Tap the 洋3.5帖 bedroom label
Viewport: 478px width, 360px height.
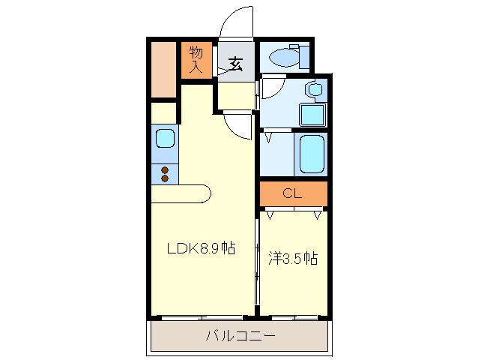[293, 259]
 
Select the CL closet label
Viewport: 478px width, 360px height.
[293, 193]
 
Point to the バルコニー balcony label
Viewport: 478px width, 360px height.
[240, 336]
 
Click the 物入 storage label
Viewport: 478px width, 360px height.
[196, 59]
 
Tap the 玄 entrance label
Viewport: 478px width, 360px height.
[235, 64]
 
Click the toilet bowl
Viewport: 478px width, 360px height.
[285, 55]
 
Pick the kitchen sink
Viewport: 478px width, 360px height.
[165, 139]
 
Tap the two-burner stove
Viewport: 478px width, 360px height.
[165, 175]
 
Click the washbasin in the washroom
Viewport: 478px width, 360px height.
[315, 91]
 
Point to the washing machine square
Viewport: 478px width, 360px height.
[311, 115]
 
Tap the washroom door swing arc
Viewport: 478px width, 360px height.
[270, 88]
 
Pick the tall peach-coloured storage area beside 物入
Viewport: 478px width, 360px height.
[163, 69]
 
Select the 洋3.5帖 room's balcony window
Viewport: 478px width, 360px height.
[294, 318]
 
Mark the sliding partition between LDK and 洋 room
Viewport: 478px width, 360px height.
[257, 262]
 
